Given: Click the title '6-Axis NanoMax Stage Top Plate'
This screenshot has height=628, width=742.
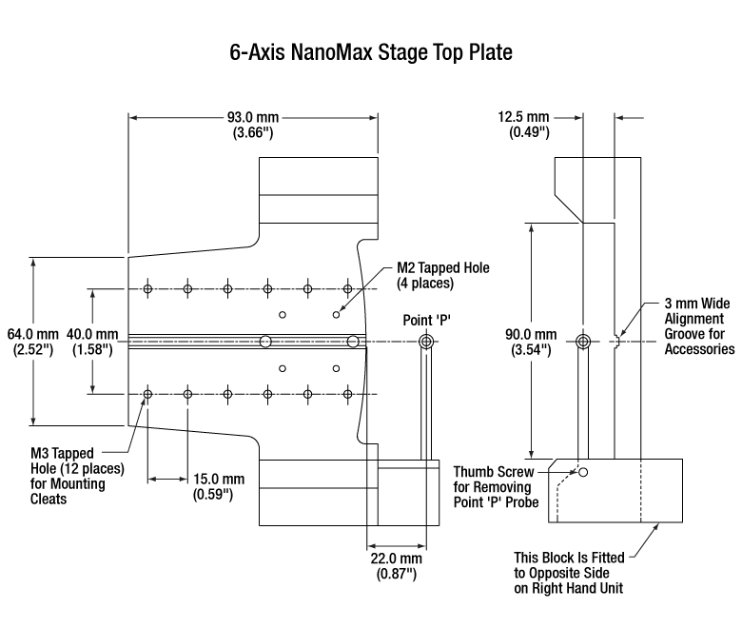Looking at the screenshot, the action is coord(371,52).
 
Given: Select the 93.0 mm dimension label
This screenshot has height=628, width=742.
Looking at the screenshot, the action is coord(253,125).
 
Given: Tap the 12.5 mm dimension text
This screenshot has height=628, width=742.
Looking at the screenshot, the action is coord(523,124).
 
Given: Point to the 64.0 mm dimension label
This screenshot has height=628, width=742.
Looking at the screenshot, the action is coord(32,342).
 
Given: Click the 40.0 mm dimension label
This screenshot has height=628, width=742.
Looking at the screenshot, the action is coord(92,342).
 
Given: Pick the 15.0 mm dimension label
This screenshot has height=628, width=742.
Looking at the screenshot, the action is coord(219,486).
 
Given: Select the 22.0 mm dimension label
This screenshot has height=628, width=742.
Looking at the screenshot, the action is coord(396,566).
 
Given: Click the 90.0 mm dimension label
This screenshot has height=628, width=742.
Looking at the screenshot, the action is coord(531,342).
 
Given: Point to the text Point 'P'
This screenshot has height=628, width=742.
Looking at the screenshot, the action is coord(426,321).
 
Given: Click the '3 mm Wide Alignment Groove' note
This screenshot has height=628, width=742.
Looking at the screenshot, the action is coord(699,326).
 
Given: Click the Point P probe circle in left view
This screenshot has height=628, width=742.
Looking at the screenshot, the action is coord(426,342).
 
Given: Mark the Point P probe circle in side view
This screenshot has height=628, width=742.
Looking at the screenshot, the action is coord(583,342).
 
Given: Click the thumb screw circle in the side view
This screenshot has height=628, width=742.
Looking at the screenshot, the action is coord(583,472).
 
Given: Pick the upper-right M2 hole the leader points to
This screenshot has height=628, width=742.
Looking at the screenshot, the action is coord(336,315).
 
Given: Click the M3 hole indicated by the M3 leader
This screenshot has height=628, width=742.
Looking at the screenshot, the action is coord(147,394).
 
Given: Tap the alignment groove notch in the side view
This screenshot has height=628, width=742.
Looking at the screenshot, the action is coord(616,342).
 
